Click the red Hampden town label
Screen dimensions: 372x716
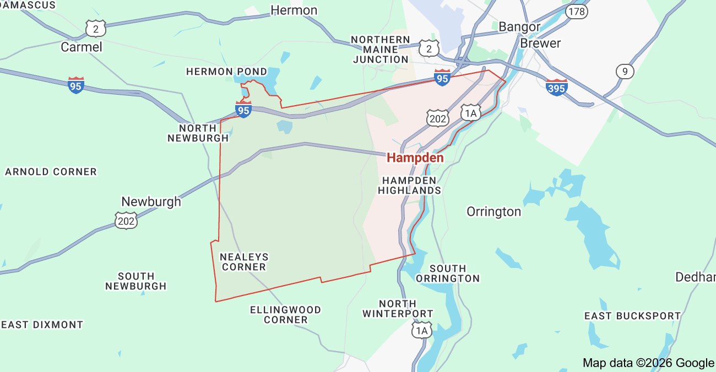[415, 158]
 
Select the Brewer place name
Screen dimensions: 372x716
[540, 43]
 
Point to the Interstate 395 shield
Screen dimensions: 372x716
[557, 87]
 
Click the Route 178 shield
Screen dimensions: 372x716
[577, 11]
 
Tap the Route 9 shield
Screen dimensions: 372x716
[625, 71]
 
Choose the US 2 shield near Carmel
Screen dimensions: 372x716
[95, 29]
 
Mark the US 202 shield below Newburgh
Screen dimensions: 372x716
[126, 221]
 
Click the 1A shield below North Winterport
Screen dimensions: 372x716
[422, 330]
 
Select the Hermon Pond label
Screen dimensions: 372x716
[226, 72]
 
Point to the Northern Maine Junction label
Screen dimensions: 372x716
[381, 50]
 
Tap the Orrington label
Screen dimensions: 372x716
[493, 212]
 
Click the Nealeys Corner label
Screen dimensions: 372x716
[243, 262]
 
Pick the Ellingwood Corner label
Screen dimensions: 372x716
[285, 315]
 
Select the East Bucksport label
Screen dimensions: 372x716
[632, 316]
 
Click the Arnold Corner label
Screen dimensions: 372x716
[51, 172]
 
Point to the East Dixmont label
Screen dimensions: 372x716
[42, 325]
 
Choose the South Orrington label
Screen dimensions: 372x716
[447, 273]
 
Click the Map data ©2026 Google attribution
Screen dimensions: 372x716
[648, 363]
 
